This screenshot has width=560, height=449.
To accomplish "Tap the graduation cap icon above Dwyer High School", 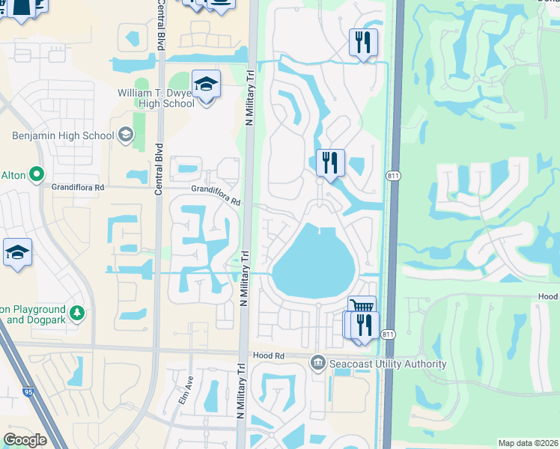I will coord(206,86).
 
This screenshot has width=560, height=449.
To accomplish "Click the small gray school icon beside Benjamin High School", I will coord(126,135).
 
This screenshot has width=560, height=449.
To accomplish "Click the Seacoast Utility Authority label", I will coord(387,364).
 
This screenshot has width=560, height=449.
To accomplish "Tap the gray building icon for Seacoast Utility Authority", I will coord(317,364).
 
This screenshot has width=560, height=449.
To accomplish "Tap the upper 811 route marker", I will coord(393,176).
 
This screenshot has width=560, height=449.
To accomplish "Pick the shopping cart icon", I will coord(362,307).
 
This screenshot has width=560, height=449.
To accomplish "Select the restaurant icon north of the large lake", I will coord(330,162).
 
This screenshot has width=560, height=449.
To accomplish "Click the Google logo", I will coord(25,440).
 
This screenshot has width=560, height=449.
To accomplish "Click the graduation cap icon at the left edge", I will coord(17,253).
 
